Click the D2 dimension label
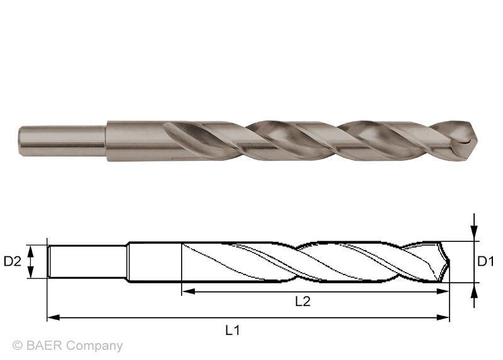[13, 261]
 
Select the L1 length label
[233, 330]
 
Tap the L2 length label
[303, 302]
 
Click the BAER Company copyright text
[67, 346]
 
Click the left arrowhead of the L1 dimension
[52, 318]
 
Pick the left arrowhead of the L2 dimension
[186, 291]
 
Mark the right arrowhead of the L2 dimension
[444, 291]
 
